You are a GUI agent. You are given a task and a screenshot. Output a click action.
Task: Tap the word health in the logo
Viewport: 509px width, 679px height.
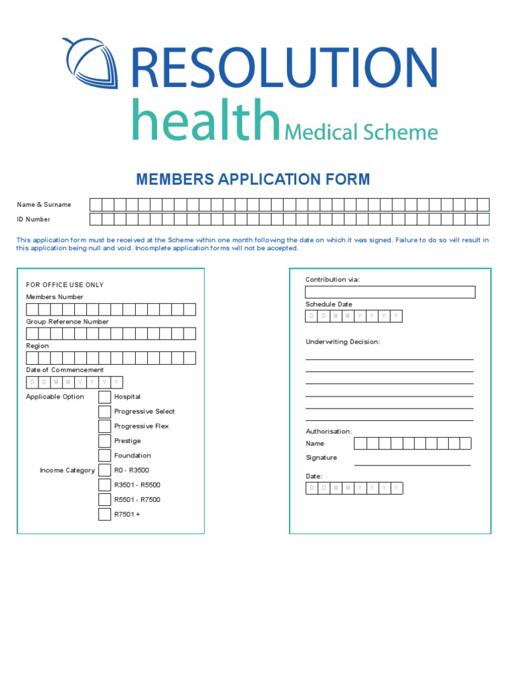(x=205, y=120)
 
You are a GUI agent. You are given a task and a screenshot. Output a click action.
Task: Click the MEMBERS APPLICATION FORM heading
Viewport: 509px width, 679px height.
(x=253, y=179)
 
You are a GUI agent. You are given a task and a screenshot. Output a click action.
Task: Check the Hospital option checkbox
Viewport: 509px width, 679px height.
(x=105, y=397)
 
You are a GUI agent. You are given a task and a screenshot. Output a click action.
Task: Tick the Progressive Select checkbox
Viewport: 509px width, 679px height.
(x=105, y=412)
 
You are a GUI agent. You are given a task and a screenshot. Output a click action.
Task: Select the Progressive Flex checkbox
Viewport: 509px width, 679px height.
(x=105, y=426)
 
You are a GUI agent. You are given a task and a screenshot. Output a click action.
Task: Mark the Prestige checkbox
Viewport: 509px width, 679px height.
(x=105, y=441)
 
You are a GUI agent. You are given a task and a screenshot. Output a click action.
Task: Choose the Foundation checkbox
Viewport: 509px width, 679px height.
(x=105, y=456)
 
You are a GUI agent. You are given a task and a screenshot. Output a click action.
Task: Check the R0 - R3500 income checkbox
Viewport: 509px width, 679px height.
(x=105, y=470)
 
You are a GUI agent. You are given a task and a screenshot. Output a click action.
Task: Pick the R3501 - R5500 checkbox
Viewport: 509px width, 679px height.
(x=105, y=485)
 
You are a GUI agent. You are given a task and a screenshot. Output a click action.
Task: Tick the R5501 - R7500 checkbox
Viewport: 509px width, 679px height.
(x=105, y=499)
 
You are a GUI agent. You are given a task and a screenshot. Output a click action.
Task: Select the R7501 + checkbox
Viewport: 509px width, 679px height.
(x=105, y=514)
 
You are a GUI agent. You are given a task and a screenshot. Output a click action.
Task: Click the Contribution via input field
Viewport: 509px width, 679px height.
(x=390, y=292)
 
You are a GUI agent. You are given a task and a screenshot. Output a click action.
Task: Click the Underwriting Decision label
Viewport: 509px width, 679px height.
(x=343, y=342)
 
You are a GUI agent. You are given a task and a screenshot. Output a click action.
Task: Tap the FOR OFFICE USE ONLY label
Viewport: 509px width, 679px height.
(x=64, y=285)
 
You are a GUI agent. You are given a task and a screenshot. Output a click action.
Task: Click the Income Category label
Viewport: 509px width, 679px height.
(x=67, y=471)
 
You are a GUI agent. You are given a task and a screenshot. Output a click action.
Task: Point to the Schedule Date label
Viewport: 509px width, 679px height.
(x=329, y=304)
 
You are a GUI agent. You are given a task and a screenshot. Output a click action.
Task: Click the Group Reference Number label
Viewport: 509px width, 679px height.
(x=67, y=322)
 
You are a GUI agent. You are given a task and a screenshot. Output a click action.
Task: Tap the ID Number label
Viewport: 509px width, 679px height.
(x=34, y=219)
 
